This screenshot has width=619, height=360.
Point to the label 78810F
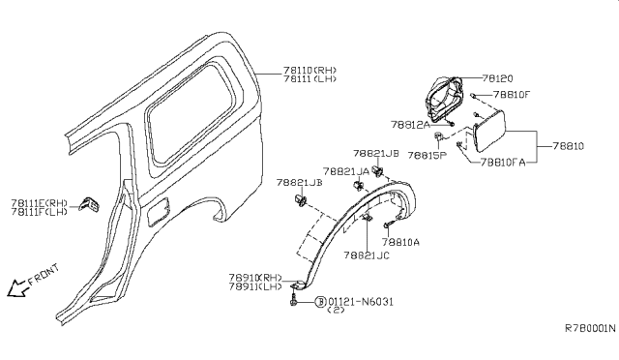click(x=512, y=96)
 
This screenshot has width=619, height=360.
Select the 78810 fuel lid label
click(x=569, y=147)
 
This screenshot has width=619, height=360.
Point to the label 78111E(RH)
click(x=39, y=201)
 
